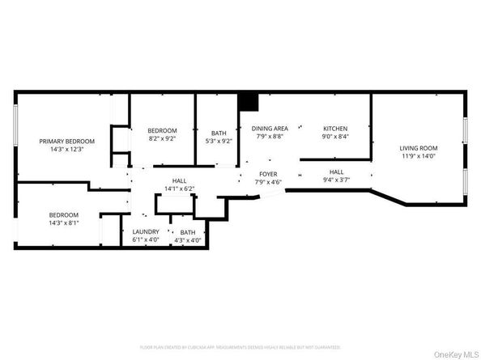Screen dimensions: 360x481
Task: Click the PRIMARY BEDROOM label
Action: pos(67,141)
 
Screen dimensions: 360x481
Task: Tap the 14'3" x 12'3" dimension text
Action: pos(67,149)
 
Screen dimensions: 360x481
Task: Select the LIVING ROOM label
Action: pos(418,148)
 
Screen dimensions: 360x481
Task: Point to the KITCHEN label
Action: pos(335,129)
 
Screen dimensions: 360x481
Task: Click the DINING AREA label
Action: pos(270,129)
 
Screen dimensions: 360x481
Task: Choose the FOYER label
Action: pos(268,174)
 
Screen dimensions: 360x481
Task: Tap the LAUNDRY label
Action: pos(146,232)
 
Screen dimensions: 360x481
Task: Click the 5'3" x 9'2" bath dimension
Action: pos(219,142)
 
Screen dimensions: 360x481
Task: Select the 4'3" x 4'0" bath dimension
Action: pos(188,240)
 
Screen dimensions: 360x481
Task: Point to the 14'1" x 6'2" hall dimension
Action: pos(180,188)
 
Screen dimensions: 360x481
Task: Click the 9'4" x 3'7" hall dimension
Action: pos(336,180)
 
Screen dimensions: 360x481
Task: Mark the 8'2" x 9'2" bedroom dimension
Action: pos(161,138)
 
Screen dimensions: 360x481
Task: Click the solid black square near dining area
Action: pos(247,103)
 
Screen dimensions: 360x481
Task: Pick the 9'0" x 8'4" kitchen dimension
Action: pos(335,137)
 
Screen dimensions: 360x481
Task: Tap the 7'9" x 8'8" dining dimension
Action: pos(270,137)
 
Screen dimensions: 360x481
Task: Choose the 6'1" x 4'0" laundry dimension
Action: pos(146,240)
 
